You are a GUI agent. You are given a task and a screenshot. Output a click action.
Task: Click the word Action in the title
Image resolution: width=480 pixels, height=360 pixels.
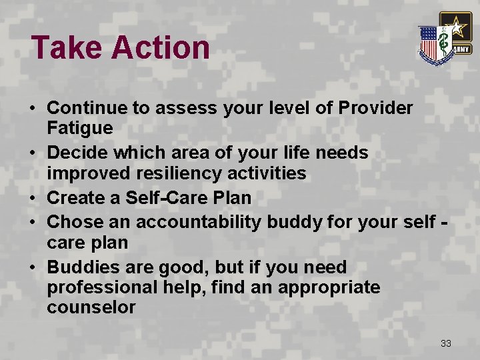pyautogui.click(x=160, y=48)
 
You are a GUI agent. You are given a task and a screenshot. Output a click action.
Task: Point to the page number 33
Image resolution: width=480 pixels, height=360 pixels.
pyautogui.click(x=446, y=343)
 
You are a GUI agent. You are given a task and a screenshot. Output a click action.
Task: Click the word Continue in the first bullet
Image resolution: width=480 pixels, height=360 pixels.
pyautogui.click(x=84, y=107)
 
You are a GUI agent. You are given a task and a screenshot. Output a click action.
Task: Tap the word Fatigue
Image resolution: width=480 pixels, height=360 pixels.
pyautogui.click(x=80, y=127)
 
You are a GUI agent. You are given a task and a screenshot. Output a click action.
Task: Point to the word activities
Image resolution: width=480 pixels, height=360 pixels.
pyautogui.click(x=267, y=173)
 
